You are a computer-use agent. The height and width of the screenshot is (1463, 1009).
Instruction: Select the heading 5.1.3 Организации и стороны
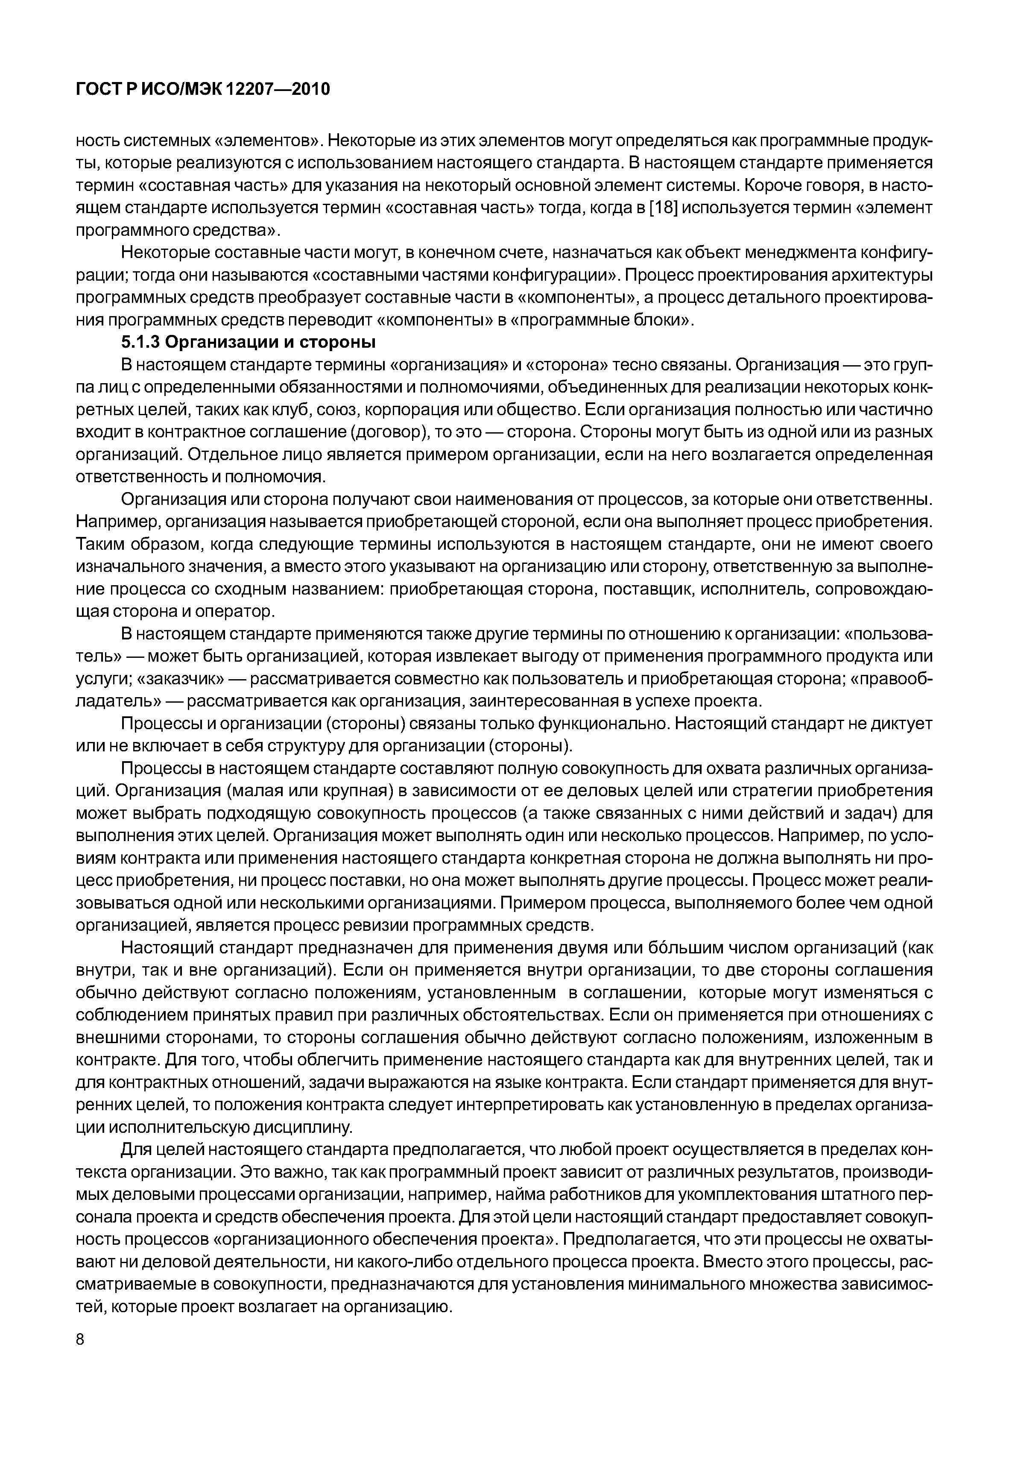[x=248, y=342]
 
